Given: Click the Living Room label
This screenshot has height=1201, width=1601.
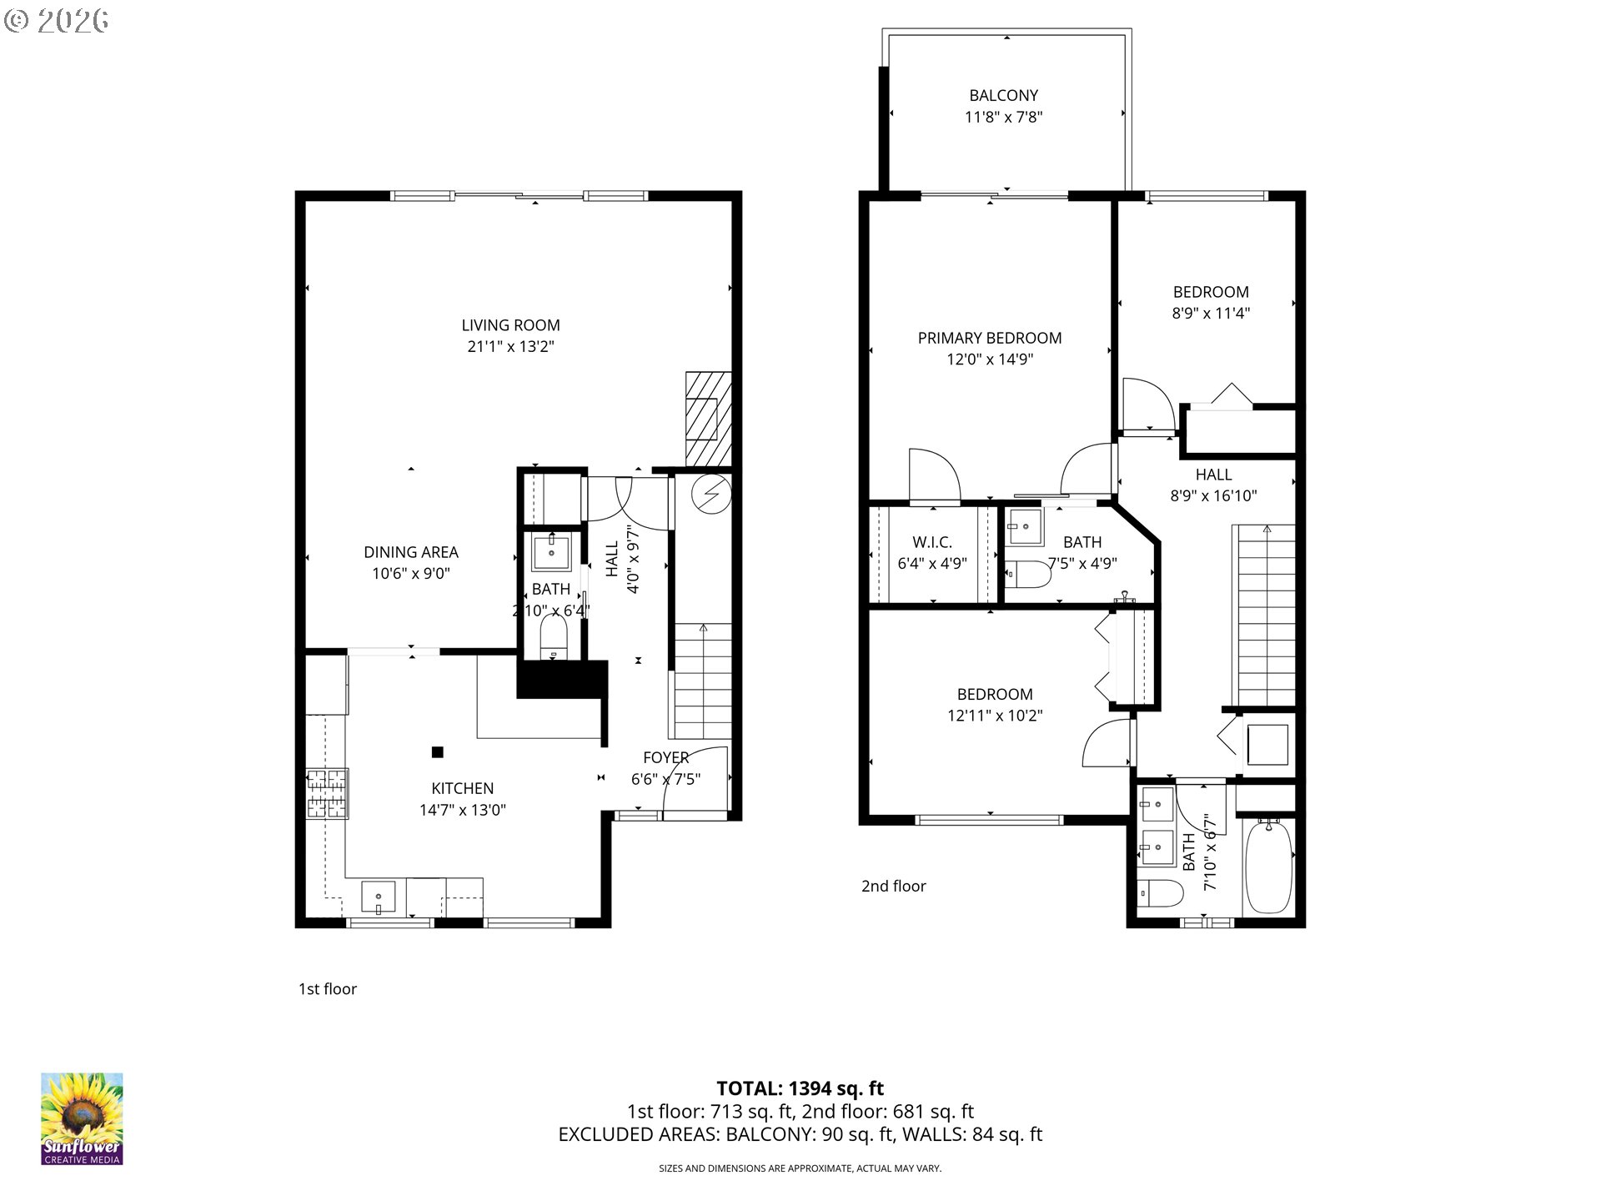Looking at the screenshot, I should tap(510, 325).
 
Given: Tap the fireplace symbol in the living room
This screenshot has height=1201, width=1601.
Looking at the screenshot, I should tap(708, 419).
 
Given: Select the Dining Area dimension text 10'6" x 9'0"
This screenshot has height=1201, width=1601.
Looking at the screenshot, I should tap(411, 574).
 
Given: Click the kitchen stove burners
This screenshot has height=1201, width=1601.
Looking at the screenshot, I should tap(326, 793).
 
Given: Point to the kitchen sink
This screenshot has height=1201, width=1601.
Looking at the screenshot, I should tap(379, 897).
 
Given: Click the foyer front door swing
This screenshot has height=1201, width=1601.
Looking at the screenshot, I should tap(694, 779).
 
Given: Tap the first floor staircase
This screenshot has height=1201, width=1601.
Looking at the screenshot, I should tap(703, 681).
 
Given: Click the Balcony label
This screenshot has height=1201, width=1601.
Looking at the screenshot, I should tap(1003, 96).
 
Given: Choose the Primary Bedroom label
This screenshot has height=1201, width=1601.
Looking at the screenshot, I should tap(989, 338).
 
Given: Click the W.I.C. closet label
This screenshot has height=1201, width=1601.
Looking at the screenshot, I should tap(931, 542).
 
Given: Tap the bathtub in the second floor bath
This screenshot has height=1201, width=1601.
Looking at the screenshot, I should tap(1267, 867).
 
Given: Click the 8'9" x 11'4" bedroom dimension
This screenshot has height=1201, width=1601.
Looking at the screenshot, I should tap(1211, 314).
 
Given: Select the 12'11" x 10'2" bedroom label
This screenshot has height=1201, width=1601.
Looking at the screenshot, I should tap(994, 694).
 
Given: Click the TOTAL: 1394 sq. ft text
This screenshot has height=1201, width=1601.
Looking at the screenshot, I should tap(800, 1088).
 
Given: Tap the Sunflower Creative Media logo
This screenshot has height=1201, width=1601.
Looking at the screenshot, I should tap(82, 1118).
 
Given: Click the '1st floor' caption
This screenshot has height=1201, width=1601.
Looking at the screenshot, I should tap(328, 989).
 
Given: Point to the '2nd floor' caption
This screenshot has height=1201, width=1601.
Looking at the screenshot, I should tap(893, 887).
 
